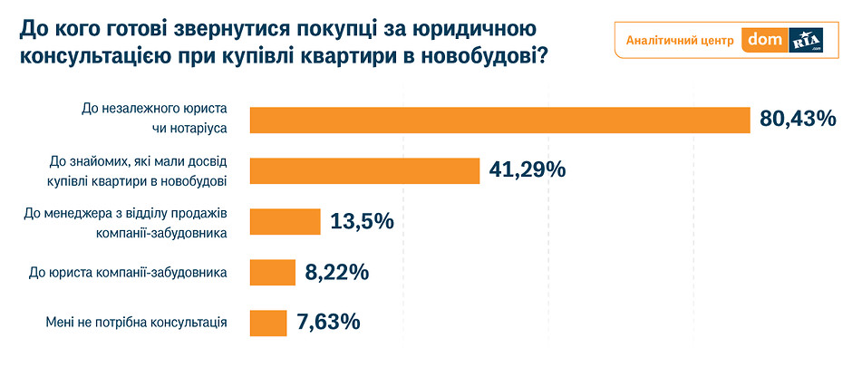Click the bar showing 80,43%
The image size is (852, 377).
coord(499,120)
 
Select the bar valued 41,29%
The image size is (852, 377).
coord(363,170)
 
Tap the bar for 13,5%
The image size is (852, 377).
coord(285,222)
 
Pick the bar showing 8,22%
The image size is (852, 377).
coord(272,272)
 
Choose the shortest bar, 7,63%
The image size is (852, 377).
coord(268,322)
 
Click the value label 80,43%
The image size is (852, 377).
coord(798,119)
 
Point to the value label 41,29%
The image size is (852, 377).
coord(528,169)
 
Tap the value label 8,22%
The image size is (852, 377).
coord(337,272)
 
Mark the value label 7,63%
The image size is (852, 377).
coord(329,322)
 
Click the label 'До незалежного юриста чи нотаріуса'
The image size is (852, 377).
coord(154,119)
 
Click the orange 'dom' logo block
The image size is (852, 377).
coord(764,41)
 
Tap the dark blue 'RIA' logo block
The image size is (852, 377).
coord(807,41)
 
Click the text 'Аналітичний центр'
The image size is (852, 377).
coord(679,41)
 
